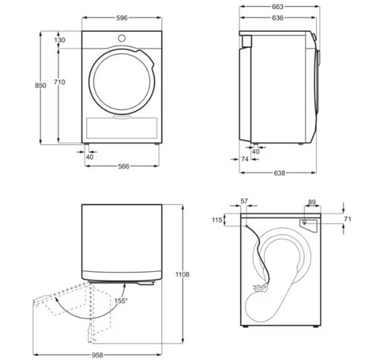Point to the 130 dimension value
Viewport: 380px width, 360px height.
pos(59,39)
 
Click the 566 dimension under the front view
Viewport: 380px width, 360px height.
pos(122,166)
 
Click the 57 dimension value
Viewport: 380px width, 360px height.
pos(245,201)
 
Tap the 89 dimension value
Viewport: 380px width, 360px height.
pos(312,202)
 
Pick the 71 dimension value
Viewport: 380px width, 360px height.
pos(349,219)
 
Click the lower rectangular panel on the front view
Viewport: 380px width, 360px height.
pos(122,126)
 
